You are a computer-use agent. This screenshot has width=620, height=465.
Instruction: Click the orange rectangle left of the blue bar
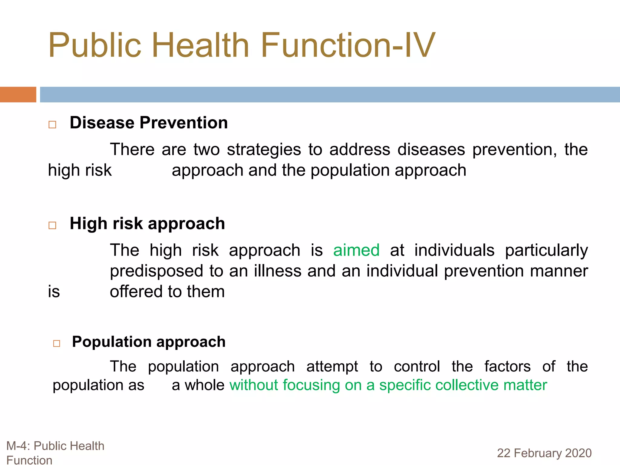click(x=18, y=94)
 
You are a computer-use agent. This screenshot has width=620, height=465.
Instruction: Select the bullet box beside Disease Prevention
click(x=52, y=124)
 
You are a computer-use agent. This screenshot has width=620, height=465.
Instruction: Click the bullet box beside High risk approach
click(x=52, y=225)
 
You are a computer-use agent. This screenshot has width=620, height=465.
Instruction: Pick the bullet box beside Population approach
click(x=57, y=343)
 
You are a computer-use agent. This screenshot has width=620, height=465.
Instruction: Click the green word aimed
click(x=356, y=250)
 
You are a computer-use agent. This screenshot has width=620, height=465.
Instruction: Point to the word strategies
click(x=264, y=150)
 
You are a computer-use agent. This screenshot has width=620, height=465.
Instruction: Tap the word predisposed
click(x=157, y=271)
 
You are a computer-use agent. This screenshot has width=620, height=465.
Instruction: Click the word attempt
click(x=332, y=367)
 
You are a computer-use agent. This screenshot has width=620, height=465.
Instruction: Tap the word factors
click(x=507, y=366)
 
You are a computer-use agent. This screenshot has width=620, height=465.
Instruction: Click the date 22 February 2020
click(x=544, y=453)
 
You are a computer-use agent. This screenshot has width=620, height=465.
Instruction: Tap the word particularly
click(x=546, y=251)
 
